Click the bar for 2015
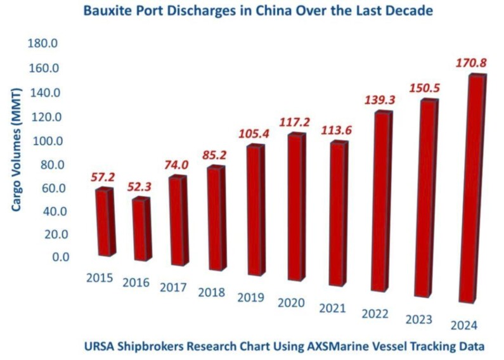pos(104,222)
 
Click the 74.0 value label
pos(176,164)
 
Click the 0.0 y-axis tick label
pos(52,257)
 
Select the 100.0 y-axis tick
pos(44,140)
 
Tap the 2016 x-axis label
pos(136,283)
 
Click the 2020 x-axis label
pos(292,303)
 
